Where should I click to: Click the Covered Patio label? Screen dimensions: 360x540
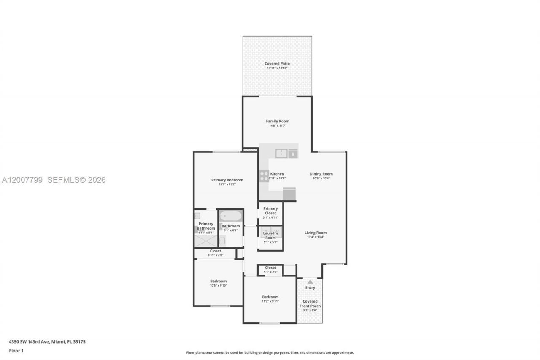coord(277,64)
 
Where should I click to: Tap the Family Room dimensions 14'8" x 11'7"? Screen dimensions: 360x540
coord(278,126)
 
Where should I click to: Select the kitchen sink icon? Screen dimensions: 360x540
coord(281,154)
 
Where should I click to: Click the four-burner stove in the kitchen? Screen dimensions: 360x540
coord(264,176)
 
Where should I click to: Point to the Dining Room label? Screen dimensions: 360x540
coord(321,174)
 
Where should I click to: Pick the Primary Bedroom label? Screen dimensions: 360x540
coord(227,180)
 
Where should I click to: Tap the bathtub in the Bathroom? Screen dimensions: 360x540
coord(231,216)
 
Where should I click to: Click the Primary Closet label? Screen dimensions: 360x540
coord(270,211)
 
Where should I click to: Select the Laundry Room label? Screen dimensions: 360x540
coord(270,235)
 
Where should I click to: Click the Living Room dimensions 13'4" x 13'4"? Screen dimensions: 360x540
coord(316,237)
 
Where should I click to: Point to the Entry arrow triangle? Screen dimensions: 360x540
coord(310,282)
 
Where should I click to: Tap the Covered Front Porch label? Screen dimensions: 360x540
coord(310,303)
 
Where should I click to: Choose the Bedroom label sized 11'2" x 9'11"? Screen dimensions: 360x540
coord(270,297)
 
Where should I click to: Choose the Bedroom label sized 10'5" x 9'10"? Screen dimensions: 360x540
coord(218,281)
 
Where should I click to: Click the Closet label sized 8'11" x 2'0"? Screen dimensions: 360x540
coord(215,251)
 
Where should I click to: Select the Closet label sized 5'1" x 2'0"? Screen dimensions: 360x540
coord(270,268)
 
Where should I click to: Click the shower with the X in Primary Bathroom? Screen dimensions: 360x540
coord(205,241)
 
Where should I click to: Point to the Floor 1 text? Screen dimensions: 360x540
coord(16,351)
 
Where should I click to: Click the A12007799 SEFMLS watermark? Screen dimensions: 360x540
coord(54,180)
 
